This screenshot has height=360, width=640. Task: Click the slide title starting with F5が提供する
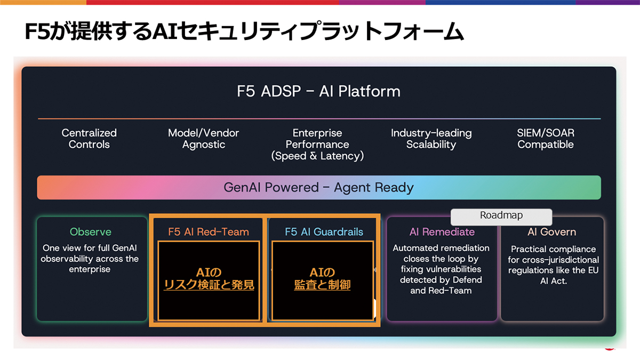[244, 31]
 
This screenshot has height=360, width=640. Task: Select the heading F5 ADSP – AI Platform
[318, 91]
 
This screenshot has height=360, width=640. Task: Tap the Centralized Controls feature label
[89, 139]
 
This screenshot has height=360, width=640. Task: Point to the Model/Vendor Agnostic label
[203, 139]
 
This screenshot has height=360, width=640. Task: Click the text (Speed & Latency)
[317, 156]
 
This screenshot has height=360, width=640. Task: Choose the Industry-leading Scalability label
[431, 139]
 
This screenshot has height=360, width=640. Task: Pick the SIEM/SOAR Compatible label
[546, 139]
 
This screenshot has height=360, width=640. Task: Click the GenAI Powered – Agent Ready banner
[319, 187]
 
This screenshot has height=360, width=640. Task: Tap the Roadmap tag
[501, 217]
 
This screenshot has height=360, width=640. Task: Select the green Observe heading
[91, 231]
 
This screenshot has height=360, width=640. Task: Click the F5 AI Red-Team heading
[209, 231]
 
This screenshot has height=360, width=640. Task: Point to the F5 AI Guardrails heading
[324, 231]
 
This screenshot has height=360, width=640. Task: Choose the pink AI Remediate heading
[442, 231]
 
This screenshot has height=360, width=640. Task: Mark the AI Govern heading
[551, 231]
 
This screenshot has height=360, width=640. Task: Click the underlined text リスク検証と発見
[209, 285]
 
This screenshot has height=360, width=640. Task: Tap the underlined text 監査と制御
[322, 285]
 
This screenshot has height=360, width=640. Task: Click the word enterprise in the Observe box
[90, 269]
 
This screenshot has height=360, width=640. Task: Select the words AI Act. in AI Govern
[554, 281]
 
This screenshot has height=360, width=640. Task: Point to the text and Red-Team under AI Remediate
[441, 291]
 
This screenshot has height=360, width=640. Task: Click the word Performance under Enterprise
[317, 145]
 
